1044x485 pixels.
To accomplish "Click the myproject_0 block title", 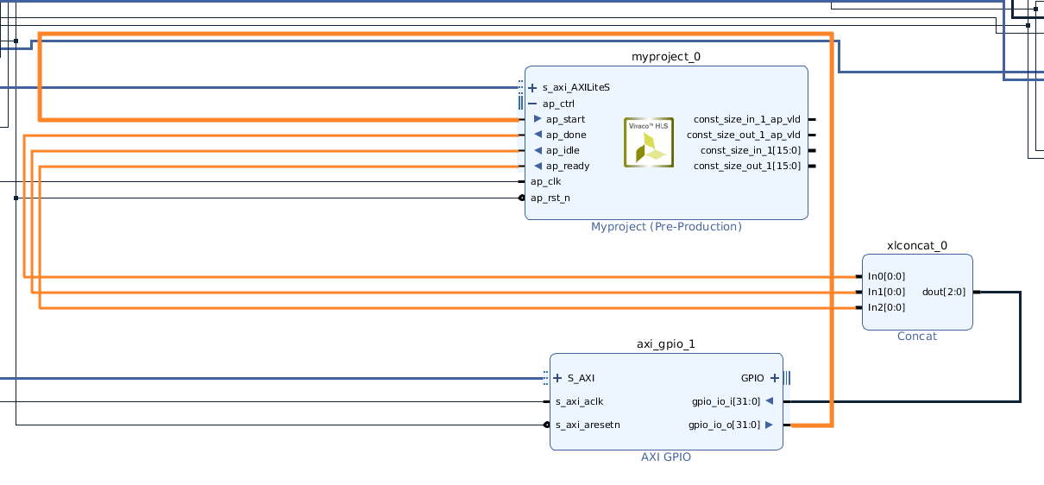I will pyautogui.click(x=666, y=57).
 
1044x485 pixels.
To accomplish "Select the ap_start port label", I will pyautogui.click(x=565, y=119).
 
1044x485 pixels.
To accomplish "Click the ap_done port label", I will pyautogui.click(x=565, y=135).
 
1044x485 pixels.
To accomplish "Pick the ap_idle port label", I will pyautogui.click(x=563, y=150).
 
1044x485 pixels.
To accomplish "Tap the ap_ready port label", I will pyautogui.click(x=567, y=166).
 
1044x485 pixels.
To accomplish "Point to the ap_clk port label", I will pyautogui.click(x=545, y=181).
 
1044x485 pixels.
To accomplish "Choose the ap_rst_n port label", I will pyautogui.click(x=550, y=198).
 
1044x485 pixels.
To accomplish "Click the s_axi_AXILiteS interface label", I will pyautogui.click(x=575, y=87).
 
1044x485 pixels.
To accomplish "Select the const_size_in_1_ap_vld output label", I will pyautogui.click(x=746, y=119).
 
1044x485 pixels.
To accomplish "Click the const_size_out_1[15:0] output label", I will pyautogui.click(x=746, y=166).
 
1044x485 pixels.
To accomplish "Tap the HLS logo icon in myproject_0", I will pyautogui.click(x=648, y=142).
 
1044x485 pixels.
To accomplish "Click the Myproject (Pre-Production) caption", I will pyautogui.click(x=666, y=227).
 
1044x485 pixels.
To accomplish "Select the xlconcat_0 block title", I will pyautogui.click(x=917, y=245).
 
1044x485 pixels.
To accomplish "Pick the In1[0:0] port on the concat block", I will pyautogui.click(x=886, y=292).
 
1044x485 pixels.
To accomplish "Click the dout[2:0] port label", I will pyautogui.click(x=944, y=292).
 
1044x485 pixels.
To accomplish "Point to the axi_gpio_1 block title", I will pyautogui.click(x=666, y=343).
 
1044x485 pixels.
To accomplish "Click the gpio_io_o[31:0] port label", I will pyautogui.click(x=724, y=425).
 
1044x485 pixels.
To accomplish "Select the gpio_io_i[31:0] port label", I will pyautogui.click(x=726, y=400).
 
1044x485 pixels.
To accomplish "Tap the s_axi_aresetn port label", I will pyautogui.click(x=588, y=425).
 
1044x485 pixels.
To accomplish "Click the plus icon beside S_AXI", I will pyautogui.click(x=558, y=377).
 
